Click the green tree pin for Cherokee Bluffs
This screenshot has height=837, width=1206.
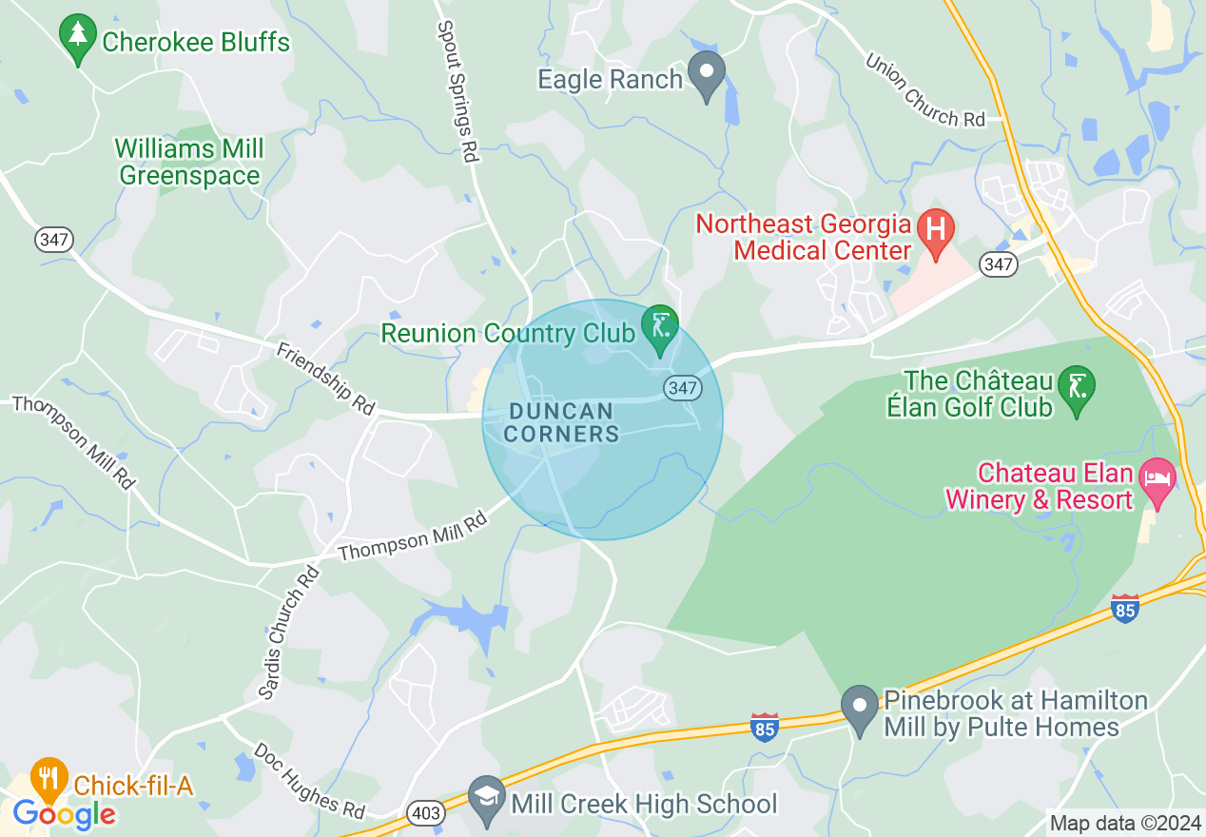click(x=77, y=37)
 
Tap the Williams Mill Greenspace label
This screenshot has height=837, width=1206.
click(x=189, y=163)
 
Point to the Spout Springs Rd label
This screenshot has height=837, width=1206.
click(x=457, y=90)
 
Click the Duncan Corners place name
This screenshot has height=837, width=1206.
click(x=561, y=422)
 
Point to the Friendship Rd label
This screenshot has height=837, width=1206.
click(x=326, y=378)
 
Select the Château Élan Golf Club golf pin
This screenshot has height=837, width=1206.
click(x=1077, y=388)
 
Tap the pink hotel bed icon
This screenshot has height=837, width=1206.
click(x=1157, y=477)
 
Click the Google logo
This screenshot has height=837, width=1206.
click(x=64, y=814)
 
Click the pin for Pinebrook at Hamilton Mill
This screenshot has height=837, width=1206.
click(x=861, y=707)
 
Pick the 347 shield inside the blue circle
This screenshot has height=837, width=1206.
click(x=682, y=387)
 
